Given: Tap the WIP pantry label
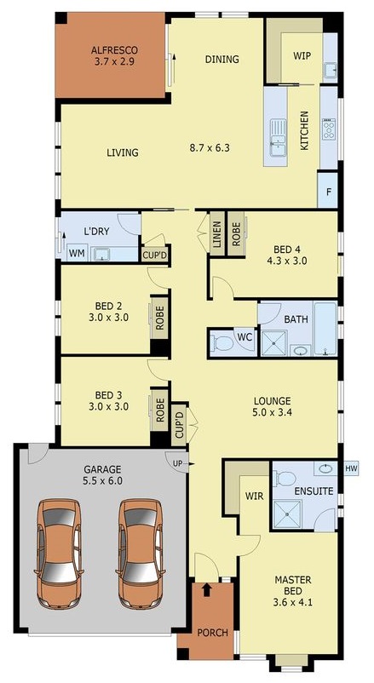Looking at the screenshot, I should pyautogui.click(x=302, y=55).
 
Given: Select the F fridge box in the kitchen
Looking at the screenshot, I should pyautogui.click(x=328, y=192).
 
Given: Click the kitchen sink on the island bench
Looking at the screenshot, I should pyautogui.click(x=278, y=132).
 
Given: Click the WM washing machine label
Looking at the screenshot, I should pyautogui.click(x=77, y=253).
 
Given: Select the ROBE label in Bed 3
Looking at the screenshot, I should pyautogui.click(x=159, y=410).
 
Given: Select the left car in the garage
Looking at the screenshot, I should pyautogui.click(x=60, y=553).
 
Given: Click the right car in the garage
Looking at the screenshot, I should pyautogui.click(x=139, y=553).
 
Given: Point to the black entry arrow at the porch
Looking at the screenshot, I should pyautogui.click(x=205, y=588).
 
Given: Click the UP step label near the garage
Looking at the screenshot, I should pyautogui.click(x=178, y=462).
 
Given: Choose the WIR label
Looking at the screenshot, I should pyautogui.click(x=253, y=494).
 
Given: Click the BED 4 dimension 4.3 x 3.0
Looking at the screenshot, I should pyautogui.click(x=286, y=262).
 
